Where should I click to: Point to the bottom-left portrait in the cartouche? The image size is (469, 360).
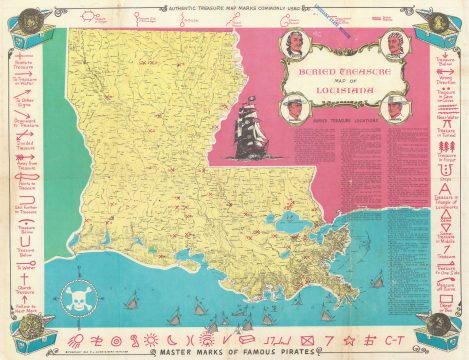pyautogui.click(x=294, y=104)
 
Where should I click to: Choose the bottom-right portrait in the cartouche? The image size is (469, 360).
pyautogui.click(x=398, y=104)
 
